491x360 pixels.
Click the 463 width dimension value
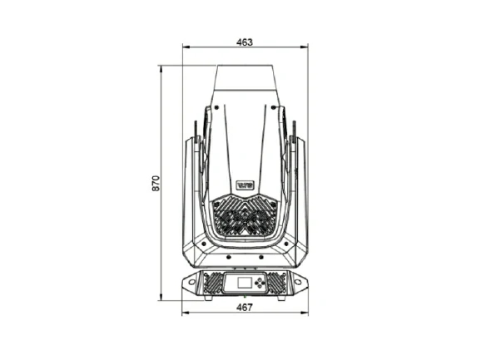[x=245, y=42]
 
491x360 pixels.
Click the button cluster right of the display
[x=262, y=284]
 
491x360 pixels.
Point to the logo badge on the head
[x=245, y=185]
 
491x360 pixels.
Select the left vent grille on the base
[x=211, y=284]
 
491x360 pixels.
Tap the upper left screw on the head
[x=213, y=106]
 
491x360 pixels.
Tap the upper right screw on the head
[x=276, y=106]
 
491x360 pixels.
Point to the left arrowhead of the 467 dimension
[x=184, y=313]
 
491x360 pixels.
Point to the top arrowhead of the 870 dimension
[x=161, y=67]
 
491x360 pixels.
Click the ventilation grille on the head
[x=245, y=216]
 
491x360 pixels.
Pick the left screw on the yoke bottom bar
[x=206, y=257]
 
